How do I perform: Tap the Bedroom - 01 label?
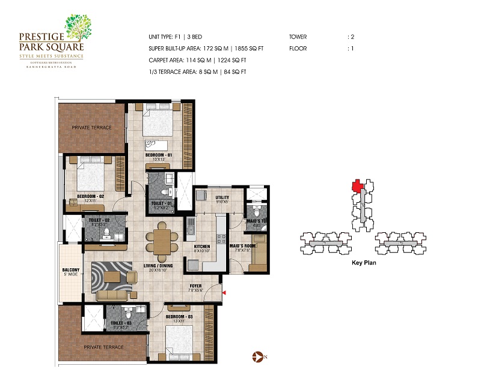coord(158,155)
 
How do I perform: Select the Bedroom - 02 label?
coord(90,196)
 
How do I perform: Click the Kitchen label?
coord(201,246)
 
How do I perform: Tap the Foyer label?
coord(196,286)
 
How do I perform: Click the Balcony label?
coord(71,270)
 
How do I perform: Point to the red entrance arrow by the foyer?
coord(224,292)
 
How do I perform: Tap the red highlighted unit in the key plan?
coord(357,186)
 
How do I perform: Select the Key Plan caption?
coord(363,263)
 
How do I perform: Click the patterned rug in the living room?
coord(112,276)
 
